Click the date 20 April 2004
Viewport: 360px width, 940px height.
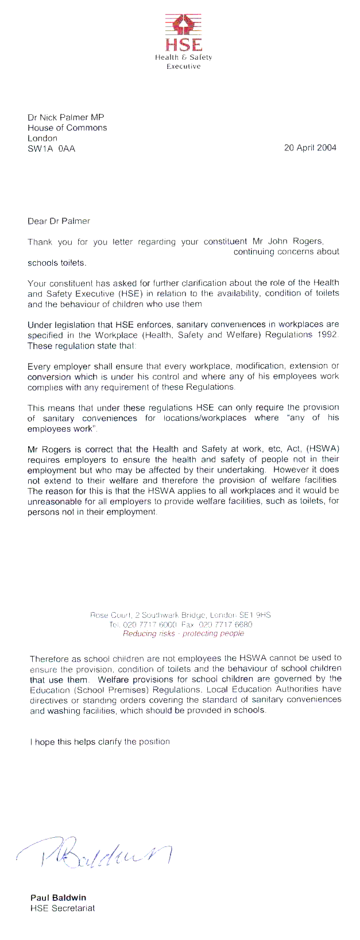(310, 148)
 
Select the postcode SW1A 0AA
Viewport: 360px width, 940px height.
(51, 149)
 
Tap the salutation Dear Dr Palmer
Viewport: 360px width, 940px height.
(59, 221)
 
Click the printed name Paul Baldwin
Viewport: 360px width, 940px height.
(58, 898)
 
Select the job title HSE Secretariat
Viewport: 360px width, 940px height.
(62, 908)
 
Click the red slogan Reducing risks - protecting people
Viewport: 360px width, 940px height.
(183, 633)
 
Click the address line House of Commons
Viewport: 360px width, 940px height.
(67, 128)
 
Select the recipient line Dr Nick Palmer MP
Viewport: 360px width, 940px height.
(66, 118)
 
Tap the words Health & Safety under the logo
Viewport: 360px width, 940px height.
(183, 57)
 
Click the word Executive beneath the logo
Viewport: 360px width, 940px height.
(183, 67)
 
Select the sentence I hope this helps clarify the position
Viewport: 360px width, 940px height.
(100, 741)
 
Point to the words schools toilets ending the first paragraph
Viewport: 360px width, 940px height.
(56, 263)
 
